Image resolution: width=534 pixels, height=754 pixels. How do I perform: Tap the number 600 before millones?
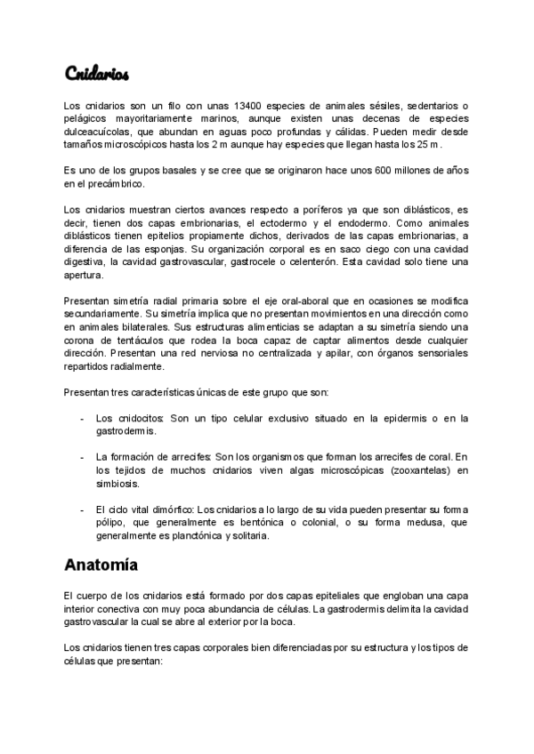374,170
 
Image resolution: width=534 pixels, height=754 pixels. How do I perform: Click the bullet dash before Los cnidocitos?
83,417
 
